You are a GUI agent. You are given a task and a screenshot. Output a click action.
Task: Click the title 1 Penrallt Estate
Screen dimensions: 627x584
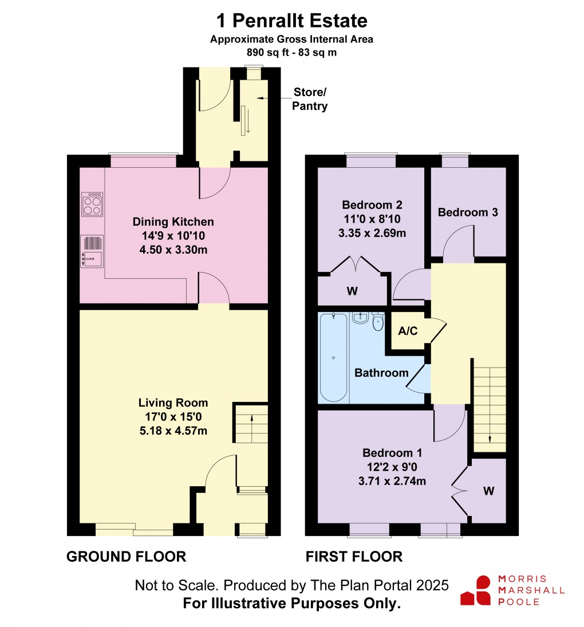[x=291, y=21]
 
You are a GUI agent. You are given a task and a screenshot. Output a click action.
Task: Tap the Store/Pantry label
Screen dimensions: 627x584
[x=310, y=99]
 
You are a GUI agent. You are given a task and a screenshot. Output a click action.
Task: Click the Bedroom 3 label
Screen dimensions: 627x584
[x=468, y=212]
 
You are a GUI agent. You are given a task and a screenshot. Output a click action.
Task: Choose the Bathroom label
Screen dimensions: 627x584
[x=381, y=373]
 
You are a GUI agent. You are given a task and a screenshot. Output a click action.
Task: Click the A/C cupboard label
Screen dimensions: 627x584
[x=408, y=330]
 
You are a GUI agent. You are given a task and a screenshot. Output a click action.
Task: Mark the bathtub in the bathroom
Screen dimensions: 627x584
[x=333, y=357]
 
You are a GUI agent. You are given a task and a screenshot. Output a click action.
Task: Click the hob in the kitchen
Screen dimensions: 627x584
[x=93, y=204]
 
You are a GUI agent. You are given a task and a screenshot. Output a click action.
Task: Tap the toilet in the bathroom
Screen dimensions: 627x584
[x=377, y=323]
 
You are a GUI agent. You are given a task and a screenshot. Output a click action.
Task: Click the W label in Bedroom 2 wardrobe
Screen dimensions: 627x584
[x=352, y=291]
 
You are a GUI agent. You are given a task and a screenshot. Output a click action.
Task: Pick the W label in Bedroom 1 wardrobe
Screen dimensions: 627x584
[x=488, y=491]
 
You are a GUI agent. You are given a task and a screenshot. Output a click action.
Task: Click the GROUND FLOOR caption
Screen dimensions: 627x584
[x=127, y=556]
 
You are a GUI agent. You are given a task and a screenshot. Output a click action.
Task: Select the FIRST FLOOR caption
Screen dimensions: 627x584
[x=354, y=556]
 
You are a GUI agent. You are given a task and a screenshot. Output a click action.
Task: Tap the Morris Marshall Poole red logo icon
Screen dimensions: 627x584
[x=476, y=590]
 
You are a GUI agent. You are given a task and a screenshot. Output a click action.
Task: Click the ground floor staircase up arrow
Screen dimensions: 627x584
[x=252, y=424]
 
